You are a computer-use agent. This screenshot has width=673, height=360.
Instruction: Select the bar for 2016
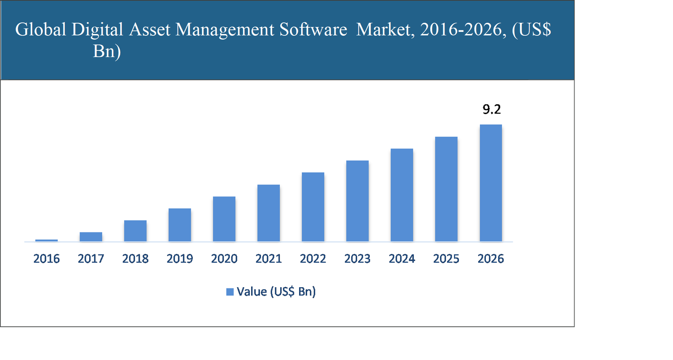46,240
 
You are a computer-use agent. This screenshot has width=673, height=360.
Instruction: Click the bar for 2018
135,230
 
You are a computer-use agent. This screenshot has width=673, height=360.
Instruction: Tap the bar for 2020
224,219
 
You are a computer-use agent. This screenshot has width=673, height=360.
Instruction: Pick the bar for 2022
313,207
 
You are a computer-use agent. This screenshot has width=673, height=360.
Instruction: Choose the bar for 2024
402,195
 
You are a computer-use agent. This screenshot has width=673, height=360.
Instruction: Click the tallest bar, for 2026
490,183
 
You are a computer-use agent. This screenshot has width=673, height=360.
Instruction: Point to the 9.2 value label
491,109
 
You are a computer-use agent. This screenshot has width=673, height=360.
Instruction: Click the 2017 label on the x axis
91,258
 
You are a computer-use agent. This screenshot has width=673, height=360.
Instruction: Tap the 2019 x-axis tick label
180,258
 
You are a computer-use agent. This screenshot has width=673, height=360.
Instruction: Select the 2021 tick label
268,258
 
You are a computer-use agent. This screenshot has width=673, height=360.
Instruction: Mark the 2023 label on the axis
357,258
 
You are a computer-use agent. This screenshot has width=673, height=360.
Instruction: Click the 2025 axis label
446,258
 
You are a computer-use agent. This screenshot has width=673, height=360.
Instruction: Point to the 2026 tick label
490,258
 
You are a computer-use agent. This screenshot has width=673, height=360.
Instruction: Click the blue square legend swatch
230,292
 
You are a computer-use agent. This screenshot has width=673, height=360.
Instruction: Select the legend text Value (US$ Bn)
276,291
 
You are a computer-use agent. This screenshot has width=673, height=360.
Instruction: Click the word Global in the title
41,30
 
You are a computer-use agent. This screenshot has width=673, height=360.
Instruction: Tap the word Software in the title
313,30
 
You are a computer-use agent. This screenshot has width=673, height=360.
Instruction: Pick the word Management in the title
225,30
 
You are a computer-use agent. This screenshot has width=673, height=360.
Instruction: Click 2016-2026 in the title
463,30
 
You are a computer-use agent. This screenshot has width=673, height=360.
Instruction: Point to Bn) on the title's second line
107,52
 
